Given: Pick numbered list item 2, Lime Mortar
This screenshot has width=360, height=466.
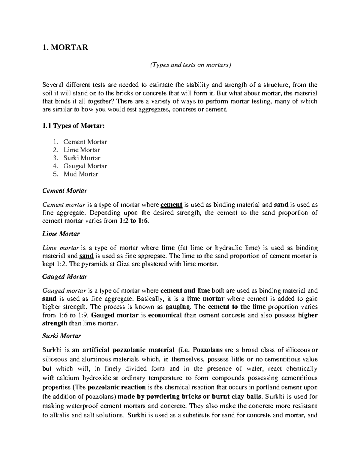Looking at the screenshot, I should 81,150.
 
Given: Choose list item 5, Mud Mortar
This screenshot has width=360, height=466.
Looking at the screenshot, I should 81,174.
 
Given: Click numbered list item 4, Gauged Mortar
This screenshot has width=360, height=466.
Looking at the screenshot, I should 85,166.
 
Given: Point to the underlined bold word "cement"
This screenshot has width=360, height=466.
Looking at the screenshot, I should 172,205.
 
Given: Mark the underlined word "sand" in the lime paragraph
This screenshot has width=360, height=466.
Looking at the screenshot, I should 87,256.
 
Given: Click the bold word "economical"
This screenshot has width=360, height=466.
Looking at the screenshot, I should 165,315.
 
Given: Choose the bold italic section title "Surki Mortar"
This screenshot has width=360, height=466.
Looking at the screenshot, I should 61,336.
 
